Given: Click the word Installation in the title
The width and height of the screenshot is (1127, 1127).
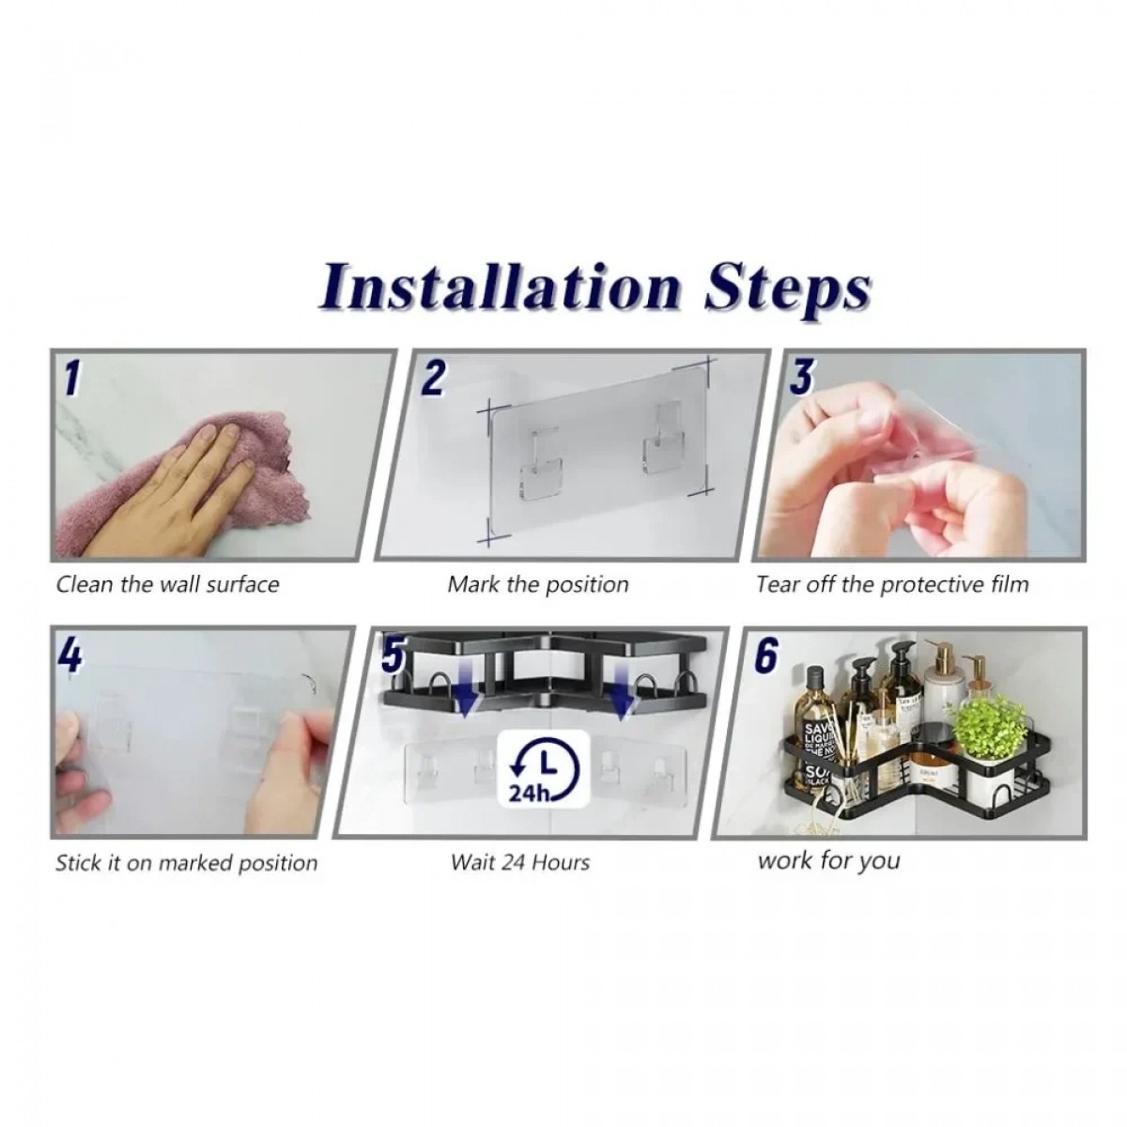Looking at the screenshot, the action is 501,287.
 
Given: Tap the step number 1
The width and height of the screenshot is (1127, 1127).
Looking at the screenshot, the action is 72,378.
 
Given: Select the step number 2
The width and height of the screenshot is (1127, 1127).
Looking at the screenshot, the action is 433,378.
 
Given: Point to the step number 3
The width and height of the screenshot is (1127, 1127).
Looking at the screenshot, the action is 801,378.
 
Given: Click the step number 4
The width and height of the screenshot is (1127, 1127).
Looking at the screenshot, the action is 70,656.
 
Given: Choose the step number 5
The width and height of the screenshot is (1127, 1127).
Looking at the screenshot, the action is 392,655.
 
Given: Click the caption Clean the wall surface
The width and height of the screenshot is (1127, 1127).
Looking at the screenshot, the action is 168,584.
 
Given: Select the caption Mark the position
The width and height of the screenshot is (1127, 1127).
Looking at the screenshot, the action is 538,584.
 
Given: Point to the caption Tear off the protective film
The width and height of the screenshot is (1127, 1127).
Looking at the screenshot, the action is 892,584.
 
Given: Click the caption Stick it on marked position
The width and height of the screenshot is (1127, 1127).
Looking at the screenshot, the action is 187,863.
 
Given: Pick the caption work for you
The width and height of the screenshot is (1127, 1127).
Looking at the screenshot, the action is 828,861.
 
